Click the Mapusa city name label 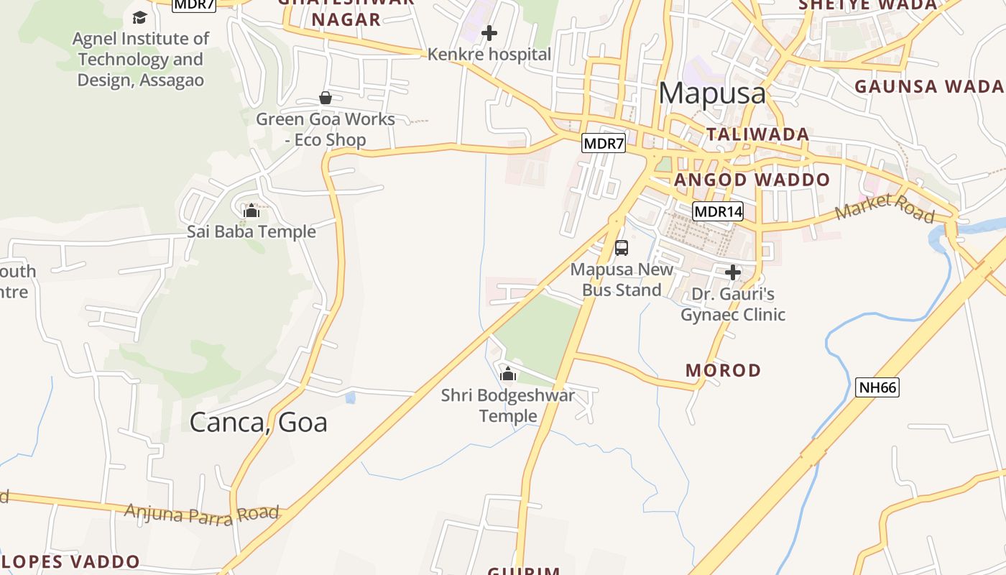click(712, 93)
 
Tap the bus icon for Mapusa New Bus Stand click(622, 248)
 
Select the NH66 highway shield click(878, 387)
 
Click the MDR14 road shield click(718, 211)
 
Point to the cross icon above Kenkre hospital click(489, 33)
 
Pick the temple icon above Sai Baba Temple click(251, 211)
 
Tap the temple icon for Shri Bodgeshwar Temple click(508, 374)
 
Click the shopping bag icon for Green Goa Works click(326, 98)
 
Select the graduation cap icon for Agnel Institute click(140, 17)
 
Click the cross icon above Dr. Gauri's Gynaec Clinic click(733, 273)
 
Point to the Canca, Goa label click(258, 422)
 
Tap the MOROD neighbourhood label click(723, 371)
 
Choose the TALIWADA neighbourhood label click(758, 134)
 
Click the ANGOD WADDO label click(752, 180)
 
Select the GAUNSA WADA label click(928, 87)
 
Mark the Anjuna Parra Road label click(201, 514)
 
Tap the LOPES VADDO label click(70, 561)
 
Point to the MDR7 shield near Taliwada click(604, 143)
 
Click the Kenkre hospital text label click(489, 55)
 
